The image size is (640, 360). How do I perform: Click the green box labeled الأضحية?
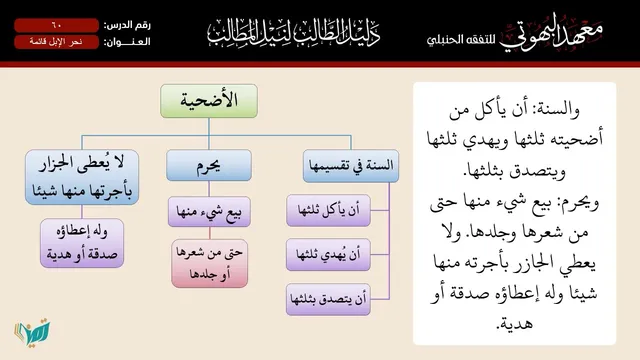click(209, 101)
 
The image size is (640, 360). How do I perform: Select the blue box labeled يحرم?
click(209, 165)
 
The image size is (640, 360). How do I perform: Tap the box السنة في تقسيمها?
click(351, 166)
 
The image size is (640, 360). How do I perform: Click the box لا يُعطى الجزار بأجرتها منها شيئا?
click(82, 177)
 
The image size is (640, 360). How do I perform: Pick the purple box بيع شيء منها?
click(209, 211)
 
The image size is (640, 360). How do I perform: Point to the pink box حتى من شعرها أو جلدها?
click(210, 263)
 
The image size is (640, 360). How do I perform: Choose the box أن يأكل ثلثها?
click(329, 210)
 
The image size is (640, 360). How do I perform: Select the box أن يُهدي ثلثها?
click(329, 255)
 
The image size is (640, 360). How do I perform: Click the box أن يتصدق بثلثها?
click(329, 299)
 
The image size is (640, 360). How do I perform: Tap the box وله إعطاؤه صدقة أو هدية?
click(82, 243)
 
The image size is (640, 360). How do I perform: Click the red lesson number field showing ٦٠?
click(56, 25)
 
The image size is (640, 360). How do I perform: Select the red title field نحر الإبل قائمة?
click(56, 42)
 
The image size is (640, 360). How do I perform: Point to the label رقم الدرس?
click(127, 25)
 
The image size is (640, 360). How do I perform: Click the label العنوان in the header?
click(127, 42)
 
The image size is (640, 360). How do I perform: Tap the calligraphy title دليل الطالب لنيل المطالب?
click(293, 32)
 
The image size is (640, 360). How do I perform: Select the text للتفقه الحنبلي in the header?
click(461, 40)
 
